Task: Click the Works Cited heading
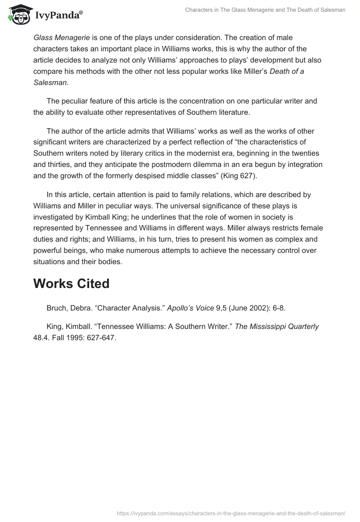tap(71, 283)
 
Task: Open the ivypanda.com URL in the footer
tap(231, 513)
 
